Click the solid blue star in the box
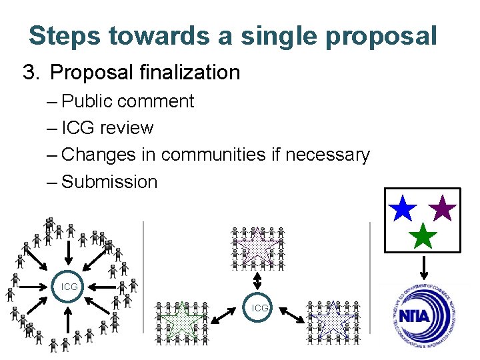[402, 208]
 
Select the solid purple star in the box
[443, 208]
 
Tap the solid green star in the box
[423, 235]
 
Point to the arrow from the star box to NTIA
[422, 267]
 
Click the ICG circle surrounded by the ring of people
[69, 287]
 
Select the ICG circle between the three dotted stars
[260, 308]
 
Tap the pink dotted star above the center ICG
[257, 245]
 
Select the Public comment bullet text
[127, 101]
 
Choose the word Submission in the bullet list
[109, 181]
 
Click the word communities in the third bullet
[213, 155]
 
